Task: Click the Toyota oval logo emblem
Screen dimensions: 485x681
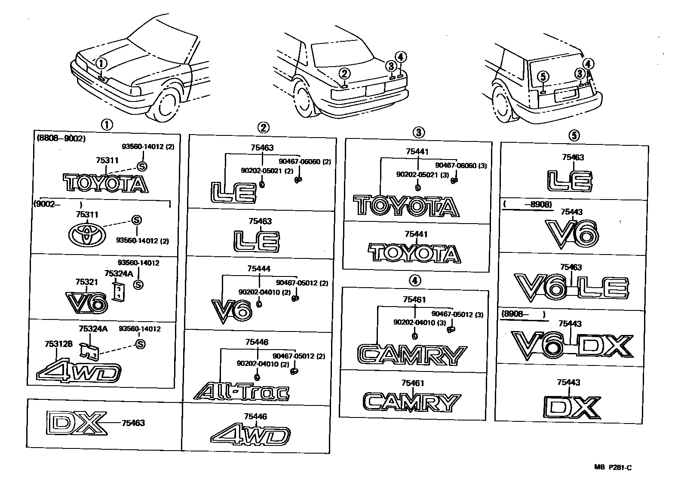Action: click(x=86, y=235)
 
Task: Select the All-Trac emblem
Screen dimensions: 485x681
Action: click(x=241, y=392)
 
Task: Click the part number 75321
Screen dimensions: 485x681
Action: click(x=86, y=282)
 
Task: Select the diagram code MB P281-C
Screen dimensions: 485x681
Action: click(x=613, y=468)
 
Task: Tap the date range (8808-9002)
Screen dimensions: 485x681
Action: click(x=61, y=138)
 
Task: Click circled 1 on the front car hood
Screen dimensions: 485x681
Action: click(x=101, y=64)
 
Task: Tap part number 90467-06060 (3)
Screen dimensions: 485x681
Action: click(x=461, y=165)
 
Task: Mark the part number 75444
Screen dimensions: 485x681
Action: click(x=259, y=269)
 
